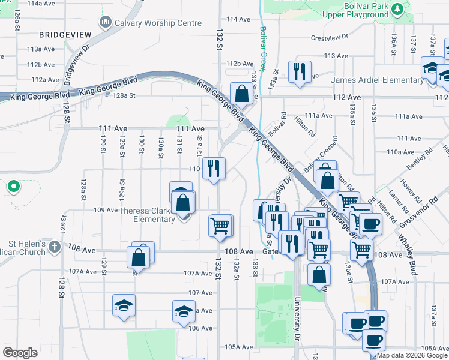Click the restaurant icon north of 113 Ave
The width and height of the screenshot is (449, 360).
click(x=299, y=71)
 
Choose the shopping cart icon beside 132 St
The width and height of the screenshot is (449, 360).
click(x=220, y=226)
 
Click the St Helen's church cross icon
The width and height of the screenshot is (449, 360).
click(x=54, y=246)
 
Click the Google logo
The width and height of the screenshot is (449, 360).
click(x=20, y=352)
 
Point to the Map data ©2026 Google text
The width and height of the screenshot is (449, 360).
click(x=412, y=356)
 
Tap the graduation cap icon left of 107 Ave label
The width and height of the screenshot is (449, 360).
click(x=124, y=305)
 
